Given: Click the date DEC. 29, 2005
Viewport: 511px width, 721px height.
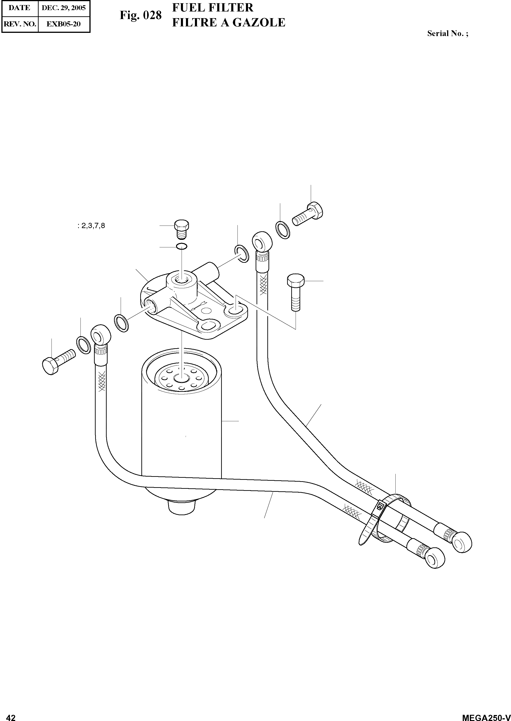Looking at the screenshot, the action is (x=64, y=8).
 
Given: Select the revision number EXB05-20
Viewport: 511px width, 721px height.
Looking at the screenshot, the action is (x=64, y=24).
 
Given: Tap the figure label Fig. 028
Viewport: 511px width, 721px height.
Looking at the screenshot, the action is (x=140, y=15).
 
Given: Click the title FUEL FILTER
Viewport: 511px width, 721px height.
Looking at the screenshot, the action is (x=212, y=8).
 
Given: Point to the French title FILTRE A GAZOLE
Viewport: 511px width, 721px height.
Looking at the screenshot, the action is (x=228, y=23).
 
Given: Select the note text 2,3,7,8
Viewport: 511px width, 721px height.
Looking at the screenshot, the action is (x=93, y=226).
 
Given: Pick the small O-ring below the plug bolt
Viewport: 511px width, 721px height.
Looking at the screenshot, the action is (x=182, y=246).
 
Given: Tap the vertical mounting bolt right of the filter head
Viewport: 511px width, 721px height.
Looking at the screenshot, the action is (x=295, y=291).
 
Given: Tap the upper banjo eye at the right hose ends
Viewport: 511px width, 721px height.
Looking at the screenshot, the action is (x=462, y=541).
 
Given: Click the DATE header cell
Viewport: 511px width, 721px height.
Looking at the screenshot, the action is (x=20, y=8).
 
